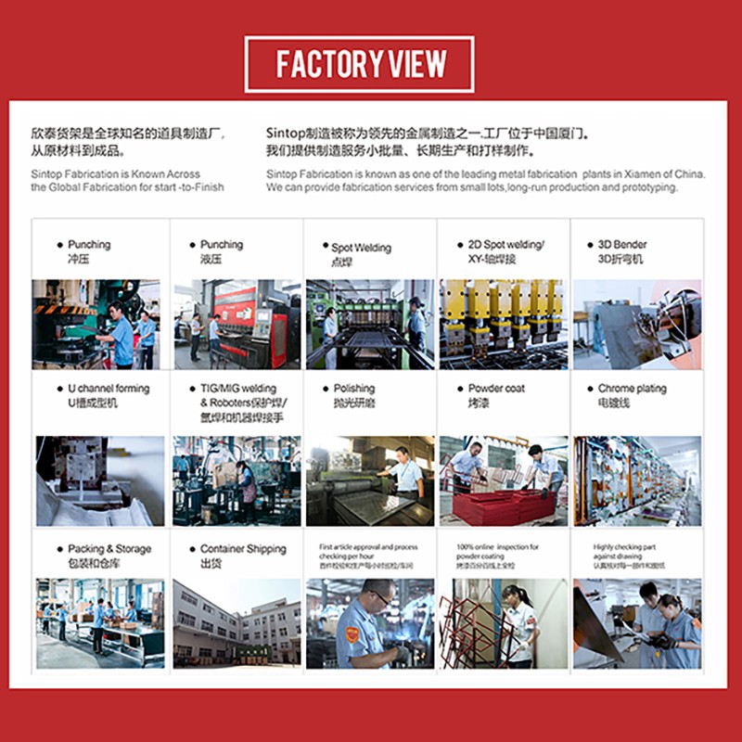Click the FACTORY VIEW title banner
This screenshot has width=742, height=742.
click(360, 64)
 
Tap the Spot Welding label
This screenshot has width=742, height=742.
click(361, 249)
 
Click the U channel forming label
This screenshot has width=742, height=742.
click(108, 389)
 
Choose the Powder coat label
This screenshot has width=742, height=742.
click(496, 389)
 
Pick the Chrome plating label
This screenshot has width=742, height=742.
click(632, 389)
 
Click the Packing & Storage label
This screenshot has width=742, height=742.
click(109, 549)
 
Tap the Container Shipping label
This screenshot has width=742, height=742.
click(243, 549)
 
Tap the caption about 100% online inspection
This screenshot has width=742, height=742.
click(497, 551)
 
